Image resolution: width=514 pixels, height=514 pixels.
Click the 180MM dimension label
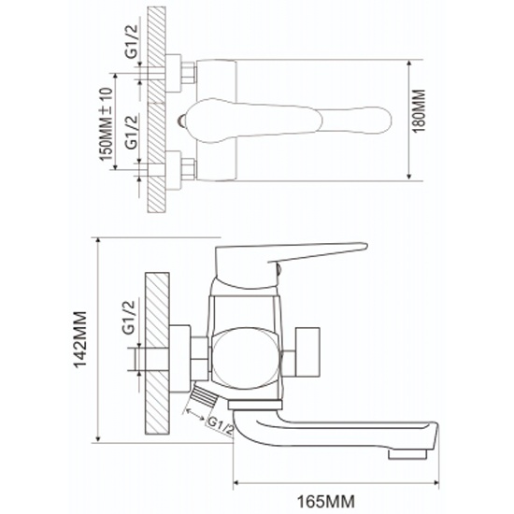[419, 111]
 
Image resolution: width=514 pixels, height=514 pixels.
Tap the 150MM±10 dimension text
[107, 124]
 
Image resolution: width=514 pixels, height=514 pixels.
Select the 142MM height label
[80, 340]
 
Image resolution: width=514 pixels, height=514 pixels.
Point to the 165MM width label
[325, 501]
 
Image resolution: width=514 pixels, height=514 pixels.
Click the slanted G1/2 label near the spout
[221, 425]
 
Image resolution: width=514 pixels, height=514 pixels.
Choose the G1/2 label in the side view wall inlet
[129, 318]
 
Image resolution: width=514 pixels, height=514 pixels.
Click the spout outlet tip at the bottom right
[407, 454]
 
